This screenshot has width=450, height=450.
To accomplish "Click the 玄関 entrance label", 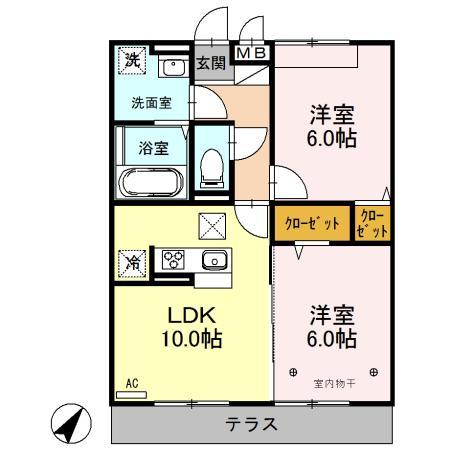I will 210,63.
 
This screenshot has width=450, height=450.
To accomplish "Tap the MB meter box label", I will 250,50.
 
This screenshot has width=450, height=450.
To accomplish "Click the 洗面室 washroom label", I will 151,102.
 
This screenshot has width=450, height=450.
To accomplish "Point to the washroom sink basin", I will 172,69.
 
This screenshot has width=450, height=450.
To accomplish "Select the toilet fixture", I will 211,166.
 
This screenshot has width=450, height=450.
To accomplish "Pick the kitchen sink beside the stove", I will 214,261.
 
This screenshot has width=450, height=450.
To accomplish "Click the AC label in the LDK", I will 132,382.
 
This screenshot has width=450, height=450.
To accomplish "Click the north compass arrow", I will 71,422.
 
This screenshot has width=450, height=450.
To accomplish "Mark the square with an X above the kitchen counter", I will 212,226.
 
